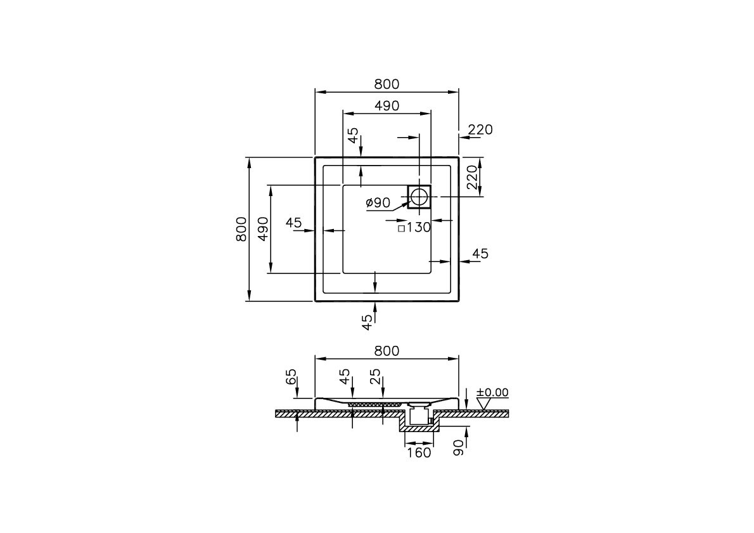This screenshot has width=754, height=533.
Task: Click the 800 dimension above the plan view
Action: coord(387,84)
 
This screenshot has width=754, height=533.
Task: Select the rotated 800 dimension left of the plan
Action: coord(241,229)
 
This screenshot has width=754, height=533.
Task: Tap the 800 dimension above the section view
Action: coord(387,351)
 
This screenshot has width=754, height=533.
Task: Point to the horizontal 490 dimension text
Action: coord(387,106)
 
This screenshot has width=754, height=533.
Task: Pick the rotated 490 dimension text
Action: coord(263,229)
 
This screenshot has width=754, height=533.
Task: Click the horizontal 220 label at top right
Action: coord(480,129)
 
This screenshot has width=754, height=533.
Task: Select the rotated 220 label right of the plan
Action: coord(472,177)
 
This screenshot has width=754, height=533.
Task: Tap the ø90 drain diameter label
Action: coord(378,202)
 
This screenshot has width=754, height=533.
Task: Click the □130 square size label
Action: coord(414,228)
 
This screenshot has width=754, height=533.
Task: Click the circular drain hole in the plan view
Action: coord(419,197)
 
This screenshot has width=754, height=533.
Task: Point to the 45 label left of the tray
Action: coord(293,223)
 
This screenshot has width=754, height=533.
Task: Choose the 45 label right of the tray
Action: coord(480,254)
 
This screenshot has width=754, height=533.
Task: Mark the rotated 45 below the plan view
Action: coord(367,322)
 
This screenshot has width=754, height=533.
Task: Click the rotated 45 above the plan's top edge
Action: coord(354,136)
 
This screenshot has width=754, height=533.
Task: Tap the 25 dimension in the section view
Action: coord(376,378)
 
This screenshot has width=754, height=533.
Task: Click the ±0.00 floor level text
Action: coord(492,393)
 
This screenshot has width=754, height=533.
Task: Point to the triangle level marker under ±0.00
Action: coord(485,404)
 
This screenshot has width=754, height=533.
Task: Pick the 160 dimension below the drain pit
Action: coord(419,452)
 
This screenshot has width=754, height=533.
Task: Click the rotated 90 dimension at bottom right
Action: coord(459,449)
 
